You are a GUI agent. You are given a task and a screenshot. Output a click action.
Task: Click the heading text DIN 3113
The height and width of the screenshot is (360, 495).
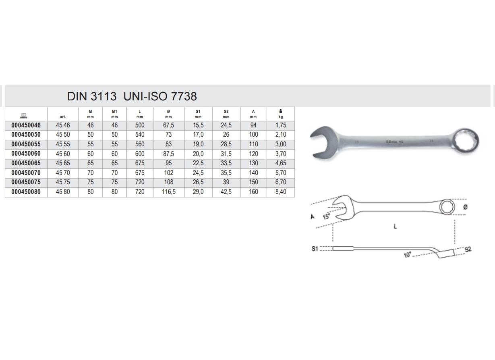point(92,96)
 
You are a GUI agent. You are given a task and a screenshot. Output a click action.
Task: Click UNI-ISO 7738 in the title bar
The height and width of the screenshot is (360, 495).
point(160,96)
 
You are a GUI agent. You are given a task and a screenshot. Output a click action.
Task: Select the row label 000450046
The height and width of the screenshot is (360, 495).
point(26,125)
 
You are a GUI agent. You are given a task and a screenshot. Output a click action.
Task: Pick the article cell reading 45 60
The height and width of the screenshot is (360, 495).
point(63,154)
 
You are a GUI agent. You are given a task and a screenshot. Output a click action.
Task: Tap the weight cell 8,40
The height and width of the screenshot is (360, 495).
point(281,192)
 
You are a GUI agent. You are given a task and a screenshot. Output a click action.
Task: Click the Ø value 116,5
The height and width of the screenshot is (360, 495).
point(169,192)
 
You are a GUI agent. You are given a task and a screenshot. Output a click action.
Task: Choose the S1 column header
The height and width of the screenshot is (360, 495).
point(198,114)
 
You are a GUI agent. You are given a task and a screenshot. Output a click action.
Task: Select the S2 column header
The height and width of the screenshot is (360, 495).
point(226,114)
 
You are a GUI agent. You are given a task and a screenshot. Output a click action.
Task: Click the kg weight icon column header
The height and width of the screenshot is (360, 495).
point(281,114)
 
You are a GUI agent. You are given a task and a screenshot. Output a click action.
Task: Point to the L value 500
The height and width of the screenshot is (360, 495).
point(140,125)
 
